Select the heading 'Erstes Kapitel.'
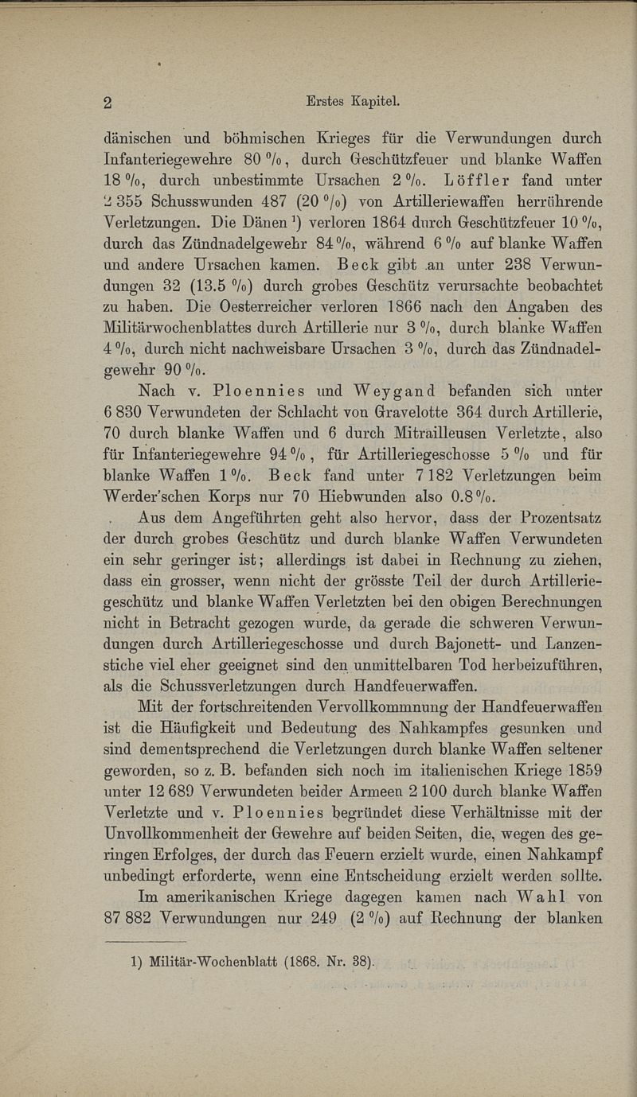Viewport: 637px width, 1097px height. pos(351,101)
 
